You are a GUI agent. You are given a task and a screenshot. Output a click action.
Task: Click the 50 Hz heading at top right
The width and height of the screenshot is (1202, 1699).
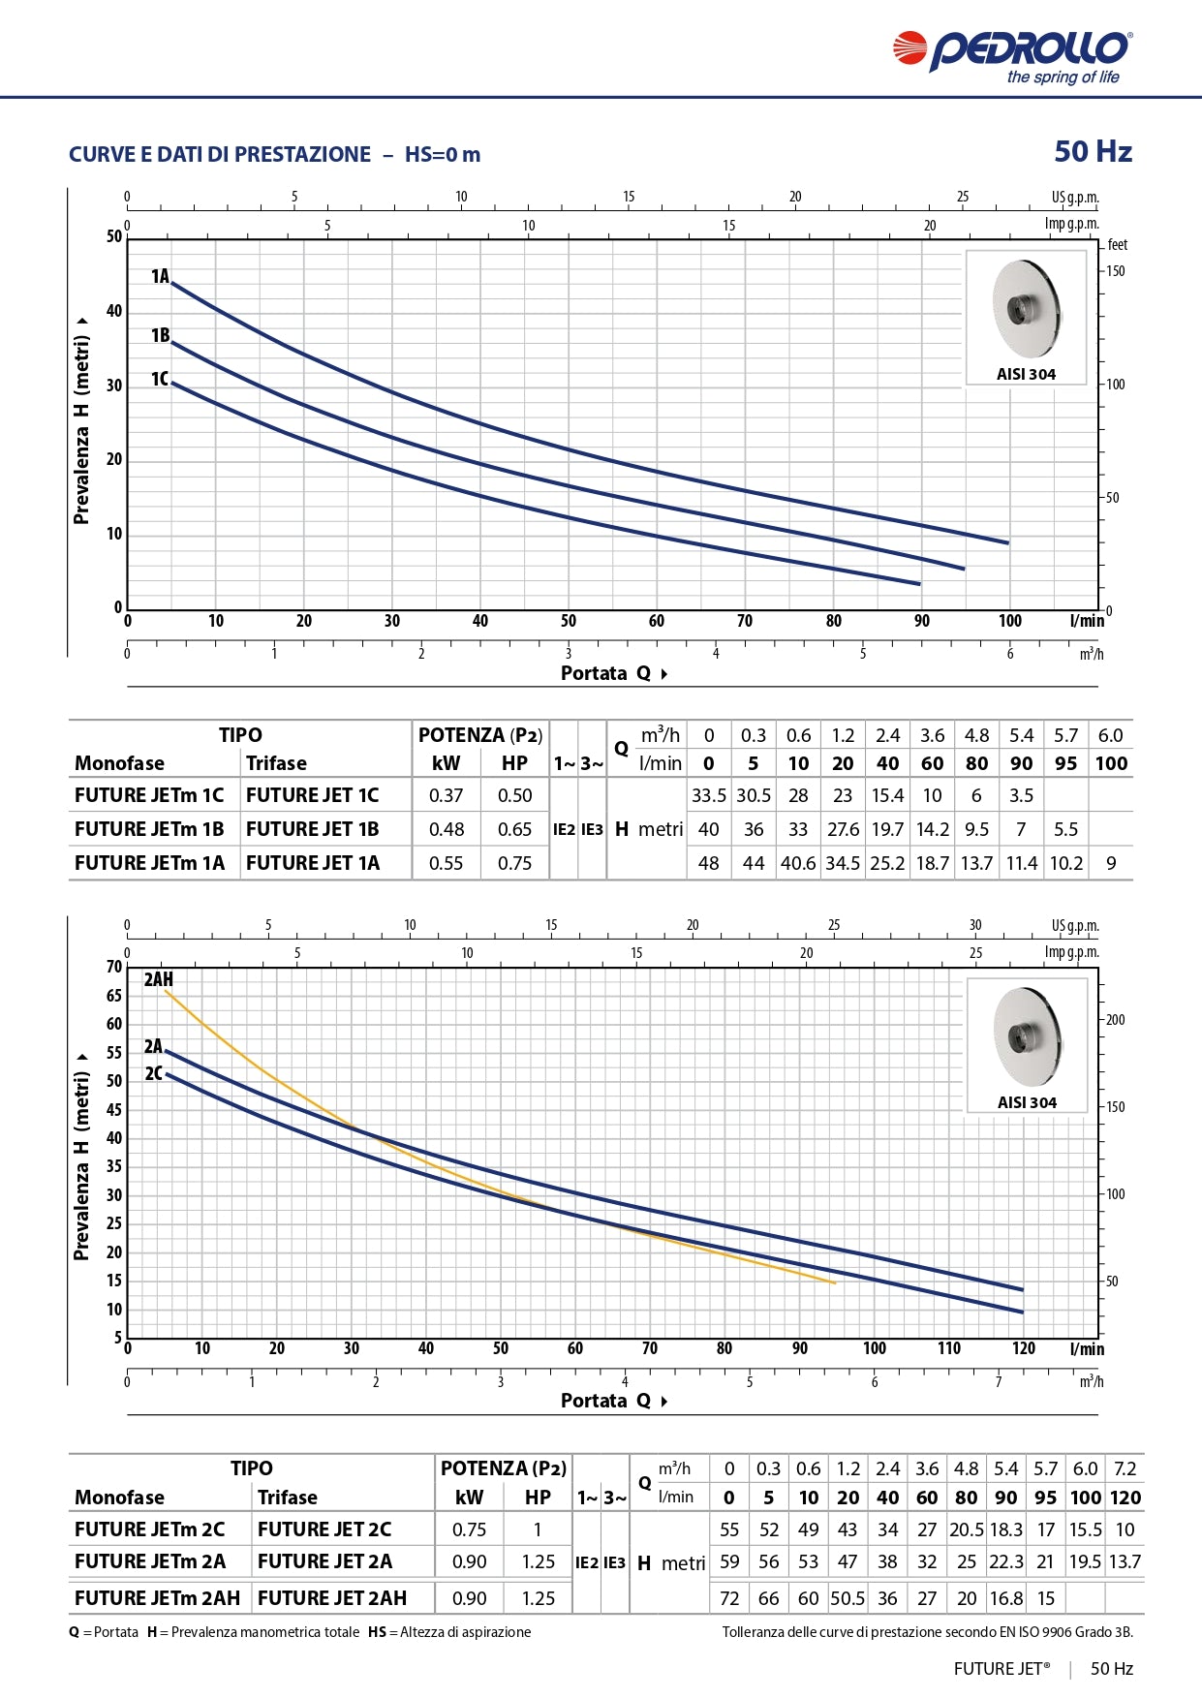(1093, 152)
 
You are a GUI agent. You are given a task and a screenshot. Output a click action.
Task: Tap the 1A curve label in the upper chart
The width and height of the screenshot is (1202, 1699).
(160, 277)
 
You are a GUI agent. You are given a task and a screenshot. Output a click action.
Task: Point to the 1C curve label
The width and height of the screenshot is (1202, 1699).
(160, 379)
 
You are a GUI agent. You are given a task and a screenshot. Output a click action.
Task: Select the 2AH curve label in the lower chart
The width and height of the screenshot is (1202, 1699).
(159, 979)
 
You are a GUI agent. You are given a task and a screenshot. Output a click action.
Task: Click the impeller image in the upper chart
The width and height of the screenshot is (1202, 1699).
(1026, 309)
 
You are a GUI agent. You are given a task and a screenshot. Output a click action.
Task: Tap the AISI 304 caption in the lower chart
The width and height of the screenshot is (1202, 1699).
(1027, 1102)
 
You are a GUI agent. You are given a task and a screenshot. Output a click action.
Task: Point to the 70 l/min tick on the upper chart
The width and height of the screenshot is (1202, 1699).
(745, 621)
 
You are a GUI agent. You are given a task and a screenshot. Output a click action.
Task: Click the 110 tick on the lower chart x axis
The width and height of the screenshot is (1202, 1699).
(949, 1348)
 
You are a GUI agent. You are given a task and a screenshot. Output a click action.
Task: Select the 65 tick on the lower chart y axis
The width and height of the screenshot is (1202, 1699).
(114, 996)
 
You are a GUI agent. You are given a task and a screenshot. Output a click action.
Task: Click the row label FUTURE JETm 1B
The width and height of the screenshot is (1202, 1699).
(149, 829)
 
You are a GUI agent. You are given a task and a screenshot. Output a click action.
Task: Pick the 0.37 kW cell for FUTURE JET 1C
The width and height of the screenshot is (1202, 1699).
(447, 795)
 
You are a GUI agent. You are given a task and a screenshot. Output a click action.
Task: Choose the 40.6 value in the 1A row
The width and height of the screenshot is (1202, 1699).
(798, 863)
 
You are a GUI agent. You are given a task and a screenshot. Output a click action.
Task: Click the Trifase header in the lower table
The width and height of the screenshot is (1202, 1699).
(288, 1498)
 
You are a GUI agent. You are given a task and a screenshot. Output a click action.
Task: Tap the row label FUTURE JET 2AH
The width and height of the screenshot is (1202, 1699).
(332, 1598)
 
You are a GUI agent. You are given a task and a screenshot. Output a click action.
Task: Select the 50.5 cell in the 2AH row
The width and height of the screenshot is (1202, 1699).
(848, 1598)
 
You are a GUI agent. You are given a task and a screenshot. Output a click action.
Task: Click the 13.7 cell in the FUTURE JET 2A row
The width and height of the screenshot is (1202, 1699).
(1125, 1561)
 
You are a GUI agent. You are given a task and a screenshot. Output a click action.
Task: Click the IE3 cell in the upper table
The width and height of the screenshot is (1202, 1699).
(592, 829)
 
